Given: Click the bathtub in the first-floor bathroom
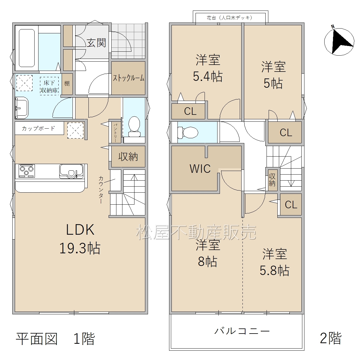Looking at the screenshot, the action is tap(27, 48).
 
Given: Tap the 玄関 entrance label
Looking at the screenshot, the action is tap(96, 43).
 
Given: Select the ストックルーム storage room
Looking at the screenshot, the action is tap(128, 78).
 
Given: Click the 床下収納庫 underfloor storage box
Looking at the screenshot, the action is tap(49, 86).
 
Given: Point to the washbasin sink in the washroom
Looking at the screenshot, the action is tap(22, 108).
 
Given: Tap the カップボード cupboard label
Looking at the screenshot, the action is tap(39, 129).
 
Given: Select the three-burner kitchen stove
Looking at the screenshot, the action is tap(27, 171).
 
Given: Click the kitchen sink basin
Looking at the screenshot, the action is tap(71, 171).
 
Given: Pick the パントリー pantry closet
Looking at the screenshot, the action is tap(115, 132).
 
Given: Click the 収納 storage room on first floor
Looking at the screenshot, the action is tap(128, 156).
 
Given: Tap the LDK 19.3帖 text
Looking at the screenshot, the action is tap(80, 239).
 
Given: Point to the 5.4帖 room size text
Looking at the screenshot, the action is tap(208, 77).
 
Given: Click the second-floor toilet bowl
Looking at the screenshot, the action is tap(188, 132).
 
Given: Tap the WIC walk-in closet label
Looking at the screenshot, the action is tap(200, 169).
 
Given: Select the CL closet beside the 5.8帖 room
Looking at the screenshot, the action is tap(291, 204).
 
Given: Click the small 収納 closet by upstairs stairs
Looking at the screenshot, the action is tap(273, 180).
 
